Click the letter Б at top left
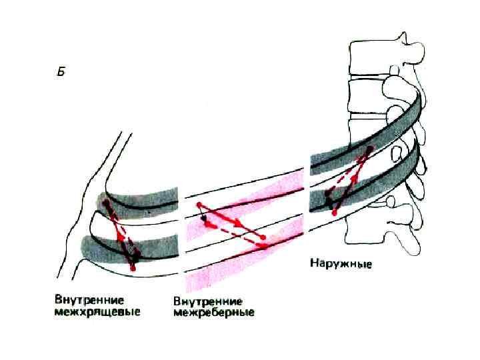click(61, 72)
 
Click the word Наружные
click(341, 264)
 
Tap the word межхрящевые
click(98, 312)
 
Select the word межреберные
click(213, 312)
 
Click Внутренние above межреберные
click(207, 301)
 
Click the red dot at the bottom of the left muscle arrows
click(133, 268)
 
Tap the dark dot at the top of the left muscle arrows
click(107, 202)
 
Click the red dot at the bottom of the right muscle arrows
click(333, 212)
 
